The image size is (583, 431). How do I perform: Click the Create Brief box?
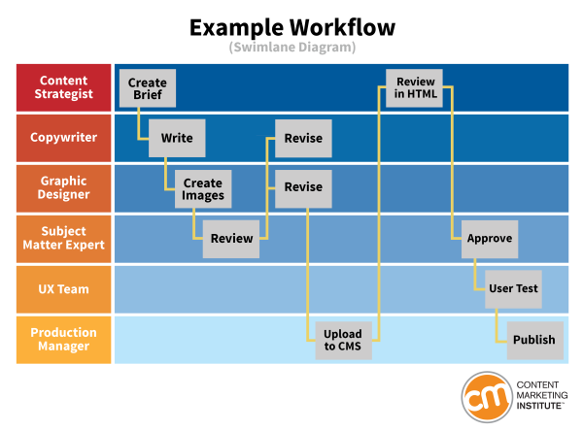click(148, 88)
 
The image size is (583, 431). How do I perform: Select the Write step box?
click(177, 138)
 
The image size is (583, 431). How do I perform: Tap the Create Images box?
click(203, 188)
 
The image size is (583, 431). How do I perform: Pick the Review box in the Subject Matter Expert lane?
click(231, 239)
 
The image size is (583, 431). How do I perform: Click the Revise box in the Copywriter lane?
click(303, 139)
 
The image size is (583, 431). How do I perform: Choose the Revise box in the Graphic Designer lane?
click(303, 188)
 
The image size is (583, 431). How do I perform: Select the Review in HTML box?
click(416, 88)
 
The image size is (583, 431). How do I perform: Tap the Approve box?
click(490, 239)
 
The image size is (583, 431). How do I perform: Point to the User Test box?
click(513, 288)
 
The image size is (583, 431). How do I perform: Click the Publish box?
click(534, 340)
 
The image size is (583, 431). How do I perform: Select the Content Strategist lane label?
click(64, 87)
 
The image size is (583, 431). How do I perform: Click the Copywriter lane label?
click(64, 138)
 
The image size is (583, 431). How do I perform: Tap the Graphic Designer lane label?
click(64, 188)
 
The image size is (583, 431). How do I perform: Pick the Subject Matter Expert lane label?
click(64, 239)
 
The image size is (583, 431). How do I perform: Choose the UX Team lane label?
click(64, 289)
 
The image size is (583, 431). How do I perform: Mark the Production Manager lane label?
click(64, 340)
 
